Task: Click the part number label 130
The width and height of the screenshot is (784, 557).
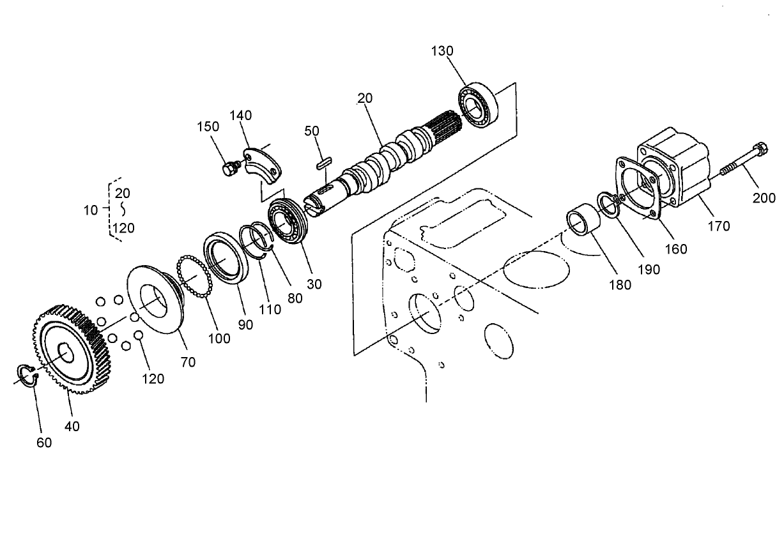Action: [442, 51]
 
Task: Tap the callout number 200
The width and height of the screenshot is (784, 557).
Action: [764, 198]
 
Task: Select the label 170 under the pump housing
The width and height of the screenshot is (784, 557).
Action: [718, 225]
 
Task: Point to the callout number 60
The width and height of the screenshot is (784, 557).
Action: [44, 442]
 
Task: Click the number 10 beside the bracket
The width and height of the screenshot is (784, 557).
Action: [91, 210]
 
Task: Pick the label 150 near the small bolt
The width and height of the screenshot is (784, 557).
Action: [208, 126]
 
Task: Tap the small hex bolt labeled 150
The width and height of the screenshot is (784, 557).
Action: [227, 169]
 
